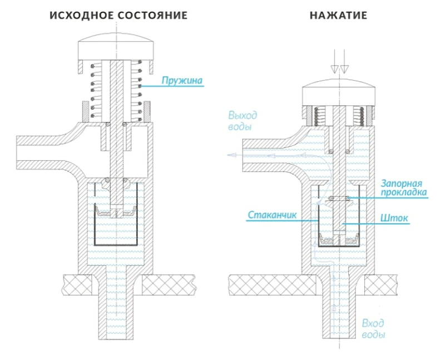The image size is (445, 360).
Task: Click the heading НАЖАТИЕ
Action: (x=338, y=15)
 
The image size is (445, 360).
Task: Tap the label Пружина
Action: (x=181, y=81)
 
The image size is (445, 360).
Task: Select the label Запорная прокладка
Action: (x=404, y=188)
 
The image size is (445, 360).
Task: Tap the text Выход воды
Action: (x=243, y=121)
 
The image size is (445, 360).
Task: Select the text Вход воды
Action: (x=373, y=329)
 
